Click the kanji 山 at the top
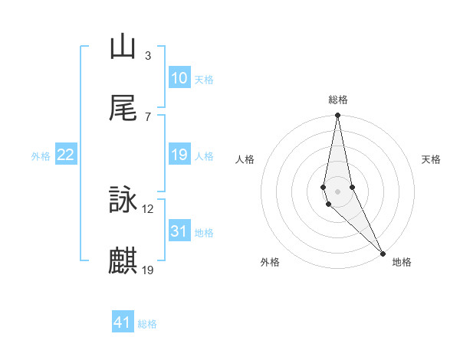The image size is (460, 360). [123, 47]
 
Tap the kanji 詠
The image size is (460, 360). [123, 200]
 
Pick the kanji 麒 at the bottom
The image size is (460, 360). [123, 260]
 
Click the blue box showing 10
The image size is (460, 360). [179, 78]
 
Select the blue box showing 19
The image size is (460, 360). [179, 155]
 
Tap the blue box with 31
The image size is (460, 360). [179, 231]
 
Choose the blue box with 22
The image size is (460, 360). [66, 155]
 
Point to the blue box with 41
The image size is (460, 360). [123, 322]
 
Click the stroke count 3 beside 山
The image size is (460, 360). [147, 55]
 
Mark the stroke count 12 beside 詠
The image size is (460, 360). [148, 208]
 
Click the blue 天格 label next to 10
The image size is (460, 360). [203, 80]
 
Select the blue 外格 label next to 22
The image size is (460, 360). [41, 156]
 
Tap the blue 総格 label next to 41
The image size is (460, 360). [147, 324]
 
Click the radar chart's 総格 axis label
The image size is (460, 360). [338, 100]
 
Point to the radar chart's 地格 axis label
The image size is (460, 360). [402, 262]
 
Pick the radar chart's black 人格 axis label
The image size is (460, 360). [245, 159]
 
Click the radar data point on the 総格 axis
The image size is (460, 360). [338, 116]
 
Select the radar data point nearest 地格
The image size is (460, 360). [383, 252]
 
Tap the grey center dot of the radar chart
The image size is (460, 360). [338, 191]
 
